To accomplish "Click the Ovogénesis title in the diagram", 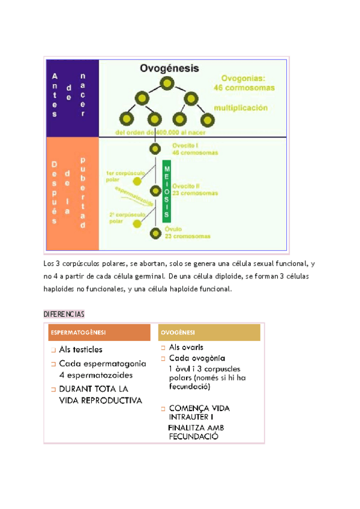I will (170, 68).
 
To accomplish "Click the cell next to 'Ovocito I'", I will (155, 149).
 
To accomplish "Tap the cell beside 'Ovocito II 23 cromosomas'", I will (155, 190).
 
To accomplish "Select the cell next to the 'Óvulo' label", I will (155, 232).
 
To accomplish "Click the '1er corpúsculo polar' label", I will (122, 175).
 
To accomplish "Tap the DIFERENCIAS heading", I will (64, 314).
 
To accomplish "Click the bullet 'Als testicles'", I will (80, 349).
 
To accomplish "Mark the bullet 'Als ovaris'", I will (186, 347).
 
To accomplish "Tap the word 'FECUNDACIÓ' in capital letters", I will (193, 436).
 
